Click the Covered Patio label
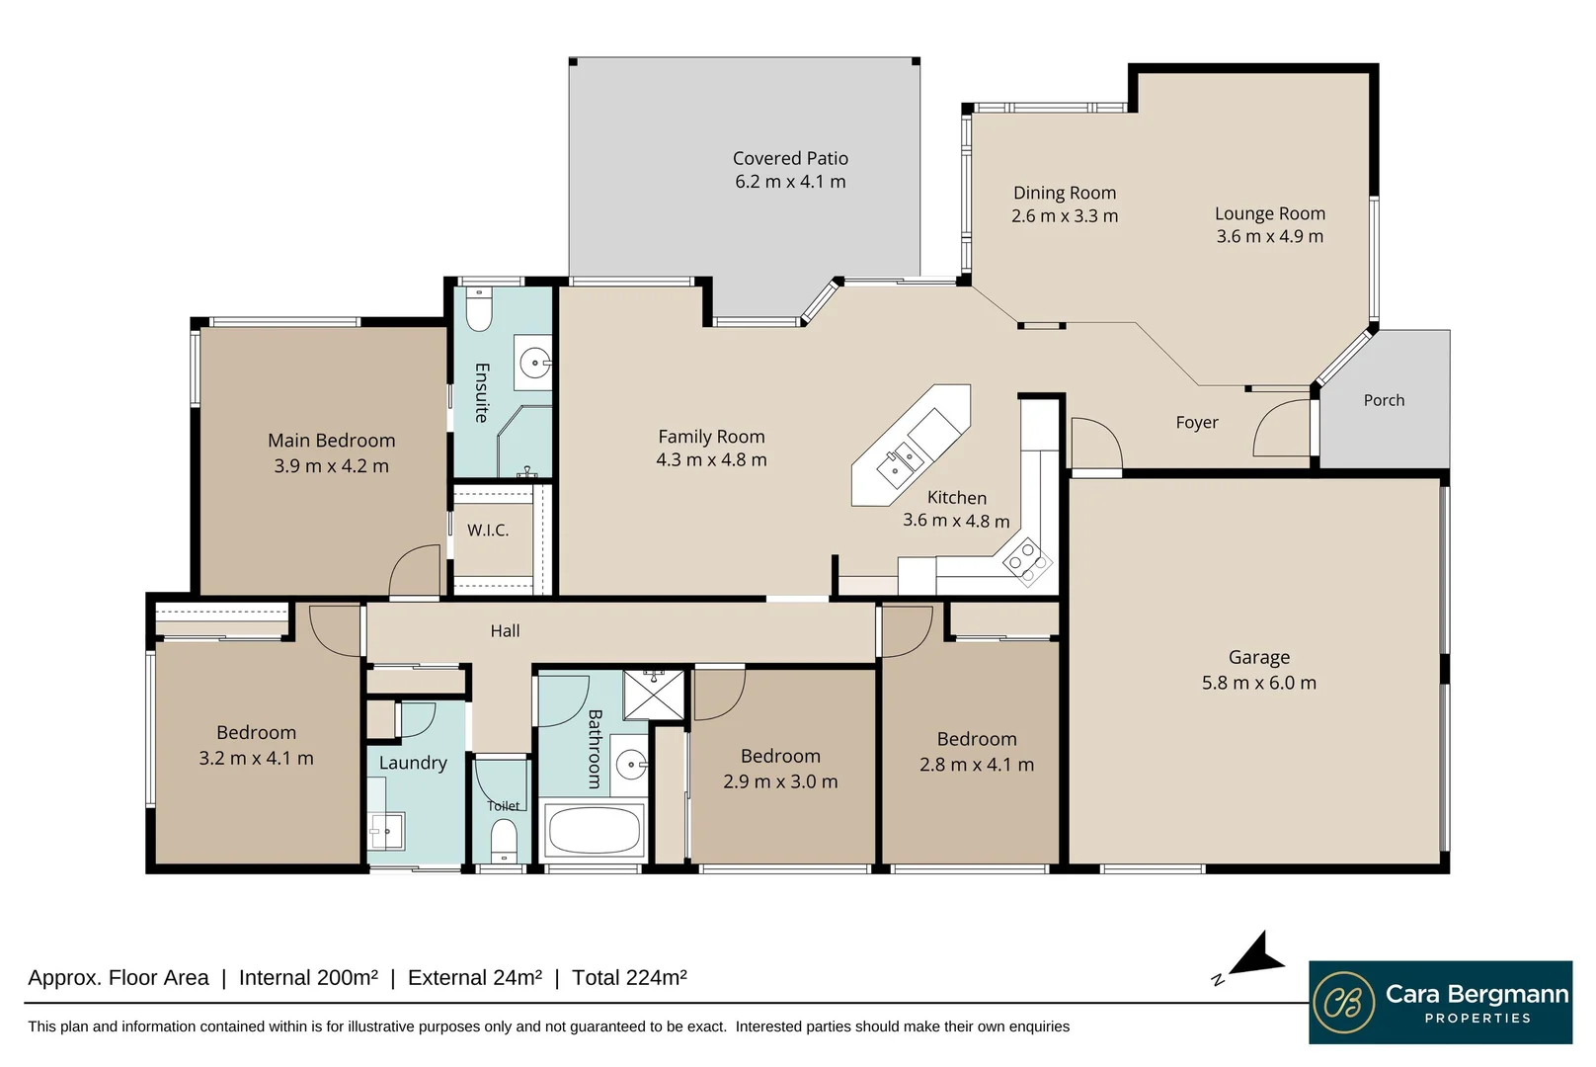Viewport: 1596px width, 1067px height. (790, 158)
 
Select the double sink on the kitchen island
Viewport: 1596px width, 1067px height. (901, 464)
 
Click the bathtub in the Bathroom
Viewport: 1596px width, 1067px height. (594, 830)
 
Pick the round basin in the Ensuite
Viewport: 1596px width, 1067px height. (534, 363)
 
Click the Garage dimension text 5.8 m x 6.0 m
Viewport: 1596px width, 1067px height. (1258, 683)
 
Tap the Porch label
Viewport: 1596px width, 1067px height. (1383, 400)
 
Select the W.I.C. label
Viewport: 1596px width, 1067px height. (488, 531)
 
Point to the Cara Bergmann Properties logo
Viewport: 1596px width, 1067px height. (1440, 1002)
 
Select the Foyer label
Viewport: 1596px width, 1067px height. (1196, 423)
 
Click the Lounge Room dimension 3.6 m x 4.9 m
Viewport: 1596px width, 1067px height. (1269, 236)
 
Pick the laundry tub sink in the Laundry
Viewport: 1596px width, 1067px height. (387, 830)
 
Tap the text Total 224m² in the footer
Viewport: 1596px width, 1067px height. (629, 978)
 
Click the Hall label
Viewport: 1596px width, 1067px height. (505, 630)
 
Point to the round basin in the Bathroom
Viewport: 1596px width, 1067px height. (630, 764)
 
